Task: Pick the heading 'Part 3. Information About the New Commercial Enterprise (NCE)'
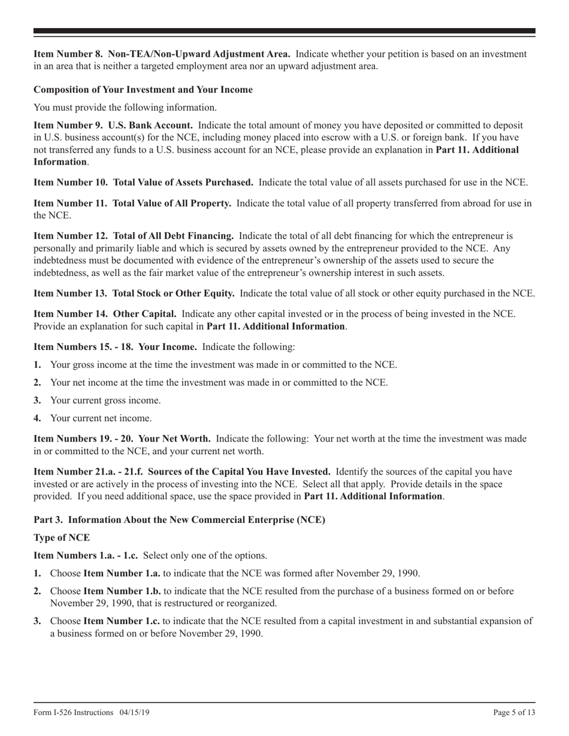pos(179,519)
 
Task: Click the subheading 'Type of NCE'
pos(62,537)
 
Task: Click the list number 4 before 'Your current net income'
pos(37,418)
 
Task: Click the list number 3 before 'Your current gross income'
pos(37,400)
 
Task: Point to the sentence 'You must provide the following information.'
pos(125,108)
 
